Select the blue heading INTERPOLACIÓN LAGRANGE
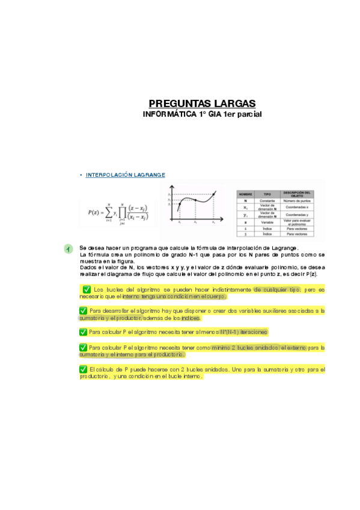tap(125, 175)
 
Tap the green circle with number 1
tap(69, 248)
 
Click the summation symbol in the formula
tap(109, 212)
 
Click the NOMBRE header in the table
tap(245, 195)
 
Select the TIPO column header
tap(267, 195)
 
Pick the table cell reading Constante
tap(267, 201)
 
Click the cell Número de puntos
tap(296, 201)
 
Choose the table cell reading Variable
tap(267, 222)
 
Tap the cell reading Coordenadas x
tap(296, 207)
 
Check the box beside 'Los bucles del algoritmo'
tap(87, 290)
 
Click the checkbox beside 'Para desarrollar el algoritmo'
tap(83, 311)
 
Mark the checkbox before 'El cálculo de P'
tap(83, 369)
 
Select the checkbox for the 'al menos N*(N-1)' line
tap(83, 332)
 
